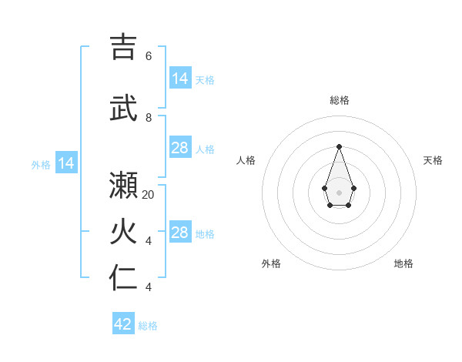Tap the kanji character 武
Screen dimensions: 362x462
point(123,108)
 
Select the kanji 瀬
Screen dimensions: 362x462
point(123,185)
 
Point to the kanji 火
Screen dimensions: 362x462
point(123,233)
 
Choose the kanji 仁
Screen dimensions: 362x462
point(123,278)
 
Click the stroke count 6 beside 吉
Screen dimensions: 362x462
point(149,56)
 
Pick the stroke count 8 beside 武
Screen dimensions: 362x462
point(149,118)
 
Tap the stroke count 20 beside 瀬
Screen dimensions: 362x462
point(149,195)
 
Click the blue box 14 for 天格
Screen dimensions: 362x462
point(180,78)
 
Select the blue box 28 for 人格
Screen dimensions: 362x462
point(180,148)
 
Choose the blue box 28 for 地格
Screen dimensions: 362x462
point(180,233)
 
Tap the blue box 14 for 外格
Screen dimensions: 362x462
point(66,163)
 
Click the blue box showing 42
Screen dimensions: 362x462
point(123,324)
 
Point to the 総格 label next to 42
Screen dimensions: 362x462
point(148,326)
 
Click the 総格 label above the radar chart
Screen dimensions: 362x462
point(339,100)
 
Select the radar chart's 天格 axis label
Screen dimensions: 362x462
point(433,160)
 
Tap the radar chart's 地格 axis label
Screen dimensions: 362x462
point(403,263)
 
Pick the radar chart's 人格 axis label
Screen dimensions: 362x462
point(246,160)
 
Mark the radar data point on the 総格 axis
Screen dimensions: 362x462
point(339,146)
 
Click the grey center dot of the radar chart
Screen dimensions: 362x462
point(339,192)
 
